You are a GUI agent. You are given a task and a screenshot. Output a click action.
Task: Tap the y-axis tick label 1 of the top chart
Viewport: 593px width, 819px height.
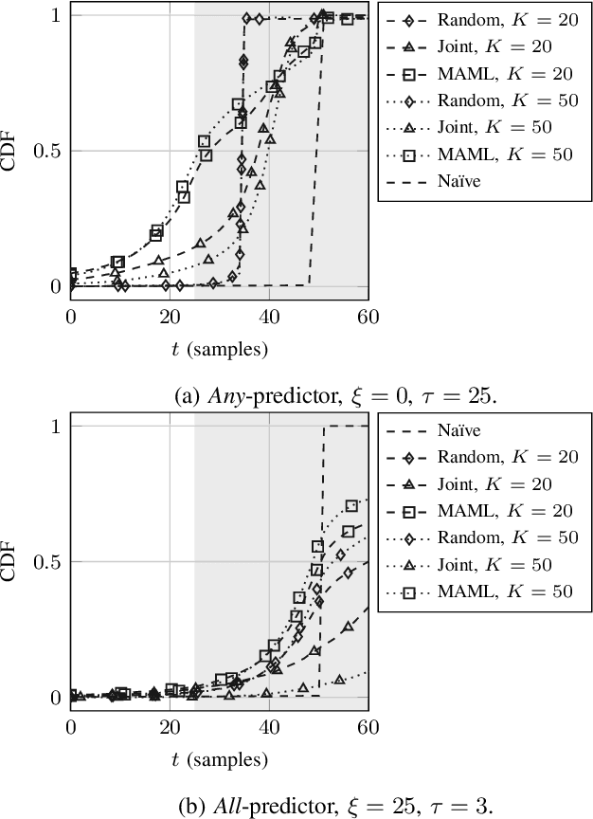click(55, 16)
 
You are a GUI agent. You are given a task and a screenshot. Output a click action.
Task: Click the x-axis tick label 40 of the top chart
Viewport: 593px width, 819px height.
click(269, 318)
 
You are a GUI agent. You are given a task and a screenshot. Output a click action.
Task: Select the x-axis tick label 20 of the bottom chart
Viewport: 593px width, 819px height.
click(170, 728)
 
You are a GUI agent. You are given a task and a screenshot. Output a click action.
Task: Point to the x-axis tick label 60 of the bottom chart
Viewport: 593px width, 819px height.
click(368, 728)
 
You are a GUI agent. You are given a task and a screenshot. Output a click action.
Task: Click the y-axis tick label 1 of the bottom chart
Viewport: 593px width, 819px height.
click(55, 428)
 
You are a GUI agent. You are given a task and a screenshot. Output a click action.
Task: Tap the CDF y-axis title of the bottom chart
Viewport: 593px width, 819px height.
click(12, 562)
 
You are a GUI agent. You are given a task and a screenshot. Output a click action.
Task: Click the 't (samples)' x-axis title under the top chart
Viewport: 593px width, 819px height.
click(220, 349)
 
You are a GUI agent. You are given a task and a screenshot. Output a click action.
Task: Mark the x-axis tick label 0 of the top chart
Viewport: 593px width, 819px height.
click(71, 318)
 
